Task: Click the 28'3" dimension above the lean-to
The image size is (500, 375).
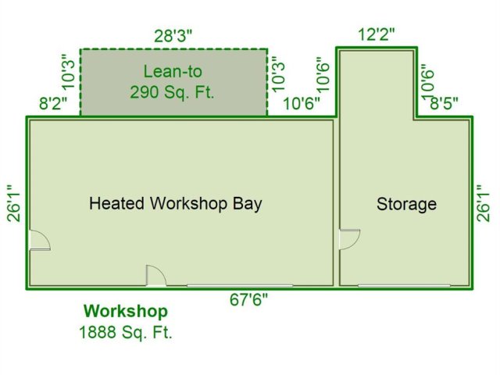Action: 173,36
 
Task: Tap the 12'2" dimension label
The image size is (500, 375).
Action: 377,34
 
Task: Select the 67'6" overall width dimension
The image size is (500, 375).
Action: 248,300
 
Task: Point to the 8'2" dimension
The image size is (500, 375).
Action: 54,104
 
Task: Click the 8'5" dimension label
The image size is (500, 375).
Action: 445,103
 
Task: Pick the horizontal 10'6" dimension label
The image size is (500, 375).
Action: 302,103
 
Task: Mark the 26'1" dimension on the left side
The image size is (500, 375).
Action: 14,203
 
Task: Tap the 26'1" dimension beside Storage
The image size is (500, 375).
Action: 483,203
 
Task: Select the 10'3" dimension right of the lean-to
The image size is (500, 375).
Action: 278,74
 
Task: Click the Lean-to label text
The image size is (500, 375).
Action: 173,71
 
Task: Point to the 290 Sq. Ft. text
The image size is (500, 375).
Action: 172,92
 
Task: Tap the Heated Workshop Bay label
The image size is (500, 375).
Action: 176,203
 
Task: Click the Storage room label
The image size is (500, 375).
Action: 406,204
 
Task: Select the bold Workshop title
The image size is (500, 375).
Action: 126,311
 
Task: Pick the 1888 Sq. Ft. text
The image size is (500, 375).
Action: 126,333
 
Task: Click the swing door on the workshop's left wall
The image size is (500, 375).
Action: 40,240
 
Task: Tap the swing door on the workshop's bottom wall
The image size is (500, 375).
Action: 156,276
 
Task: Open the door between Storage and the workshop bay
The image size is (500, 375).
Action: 350,239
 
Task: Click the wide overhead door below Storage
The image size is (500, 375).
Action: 404,286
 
